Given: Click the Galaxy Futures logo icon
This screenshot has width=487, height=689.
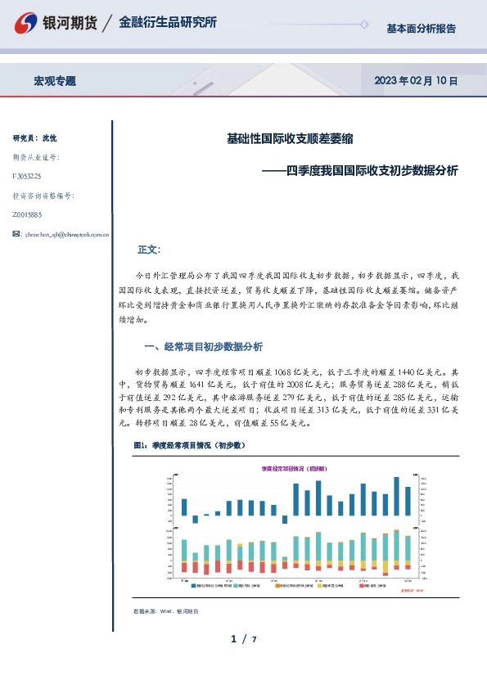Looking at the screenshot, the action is click(29, 23).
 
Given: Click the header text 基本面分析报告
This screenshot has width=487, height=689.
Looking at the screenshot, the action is click(421, 28).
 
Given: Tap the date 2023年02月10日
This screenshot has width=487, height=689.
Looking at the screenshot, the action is click(415, 81).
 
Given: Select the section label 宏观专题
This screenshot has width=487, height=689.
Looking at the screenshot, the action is click(55, 81).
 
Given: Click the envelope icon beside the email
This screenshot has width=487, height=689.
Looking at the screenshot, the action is click(17, 234).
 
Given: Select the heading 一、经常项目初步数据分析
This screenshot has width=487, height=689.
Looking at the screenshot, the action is click(202, 345).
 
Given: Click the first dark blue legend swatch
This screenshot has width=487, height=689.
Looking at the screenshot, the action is click(195, 585).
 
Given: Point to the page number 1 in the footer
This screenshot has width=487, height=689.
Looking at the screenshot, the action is click(233, 638).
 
